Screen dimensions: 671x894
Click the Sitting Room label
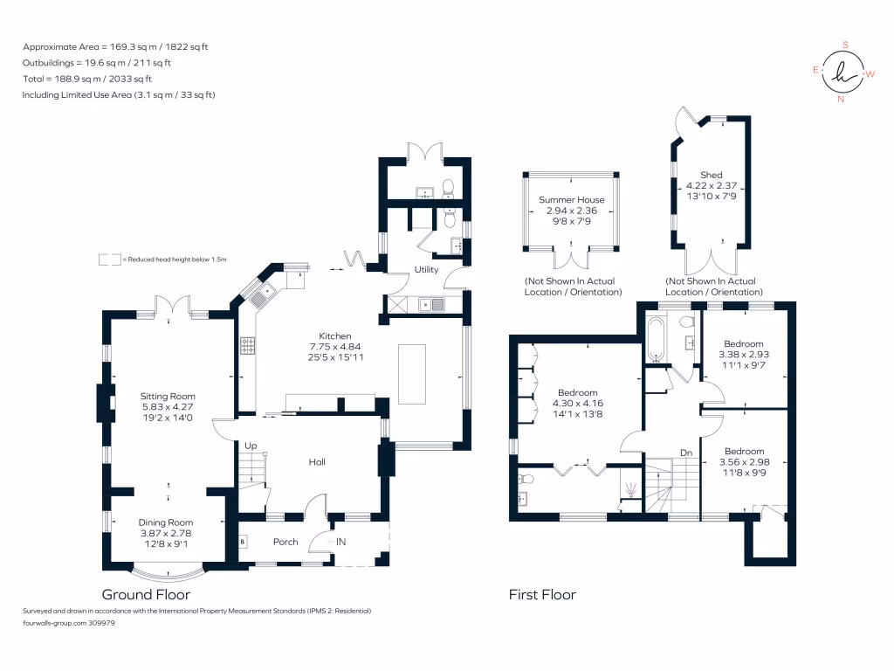[168, 396]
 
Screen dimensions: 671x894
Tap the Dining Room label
[165, 522]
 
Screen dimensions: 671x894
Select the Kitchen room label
[334, 335]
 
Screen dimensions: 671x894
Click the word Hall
[317, 462]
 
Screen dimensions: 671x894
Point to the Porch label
[285, 542]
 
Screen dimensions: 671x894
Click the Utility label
[426, 270]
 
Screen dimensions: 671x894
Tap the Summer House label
[572, 200]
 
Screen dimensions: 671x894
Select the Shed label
[712, 175]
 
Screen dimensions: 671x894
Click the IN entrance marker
[340, 543]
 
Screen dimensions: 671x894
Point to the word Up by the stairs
[250, 445]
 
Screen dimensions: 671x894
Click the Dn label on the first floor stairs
[687, 453]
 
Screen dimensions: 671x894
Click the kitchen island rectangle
[412, 374]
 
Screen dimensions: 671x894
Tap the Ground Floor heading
[146, 594]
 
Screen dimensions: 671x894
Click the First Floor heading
[542, 595]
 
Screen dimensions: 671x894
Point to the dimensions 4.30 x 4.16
[578, 405]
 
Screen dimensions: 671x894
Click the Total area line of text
[96, 79]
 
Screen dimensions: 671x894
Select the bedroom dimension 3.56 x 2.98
[743, 463]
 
